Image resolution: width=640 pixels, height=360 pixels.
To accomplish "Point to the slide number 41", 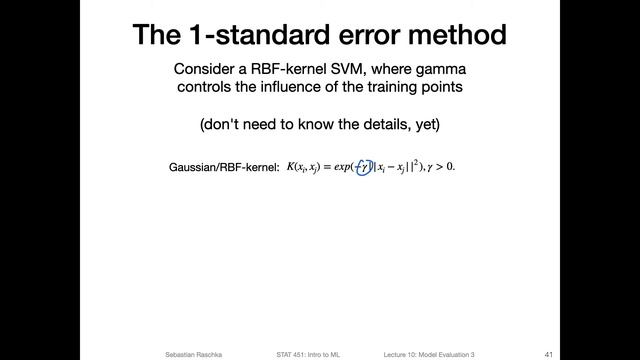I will tap(549, 354).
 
